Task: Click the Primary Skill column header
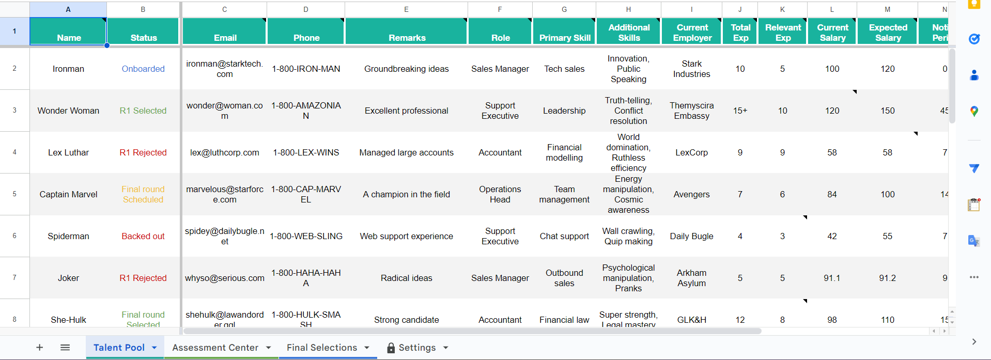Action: (564, 38)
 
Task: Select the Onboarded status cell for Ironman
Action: (143, 69)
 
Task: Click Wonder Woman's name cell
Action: (68, 111)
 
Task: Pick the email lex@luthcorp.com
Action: (224, 152)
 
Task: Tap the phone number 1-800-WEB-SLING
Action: (306, 236)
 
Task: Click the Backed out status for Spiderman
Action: (143, 236)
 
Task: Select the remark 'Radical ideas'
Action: (406, 278)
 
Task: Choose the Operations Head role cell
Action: (500, 194)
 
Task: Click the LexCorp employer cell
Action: (691, 152)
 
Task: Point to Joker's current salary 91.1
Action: (832, 278)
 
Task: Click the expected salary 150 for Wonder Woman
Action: (887, 111)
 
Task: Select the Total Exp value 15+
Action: (740, 111)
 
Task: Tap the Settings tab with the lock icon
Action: (416, 348)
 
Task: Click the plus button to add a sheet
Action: (39, 348)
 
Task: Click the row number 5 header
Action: (14, 194)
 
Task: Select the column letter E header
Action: (406, 9)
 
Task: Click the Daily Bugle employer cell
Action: (691, 236)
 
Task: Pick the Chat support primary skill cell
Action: (564, 236)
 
